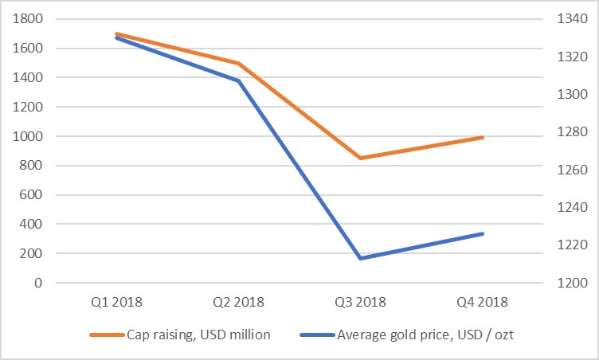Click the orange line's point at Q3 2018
(362, 158)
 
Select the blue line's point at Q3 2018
(362, 258)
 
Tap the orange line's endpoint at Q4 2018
(484, 137)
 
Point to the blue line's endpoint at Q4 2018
(484, 233)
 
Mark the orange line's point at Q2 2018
(239, 63)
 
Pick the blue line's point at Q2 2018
(239, 80)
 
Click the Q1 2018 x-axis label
(117, 302)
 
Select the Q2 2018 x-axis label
(239, 302)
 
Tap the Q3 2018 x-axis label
(362, 302)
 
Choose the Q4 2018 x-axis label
(484, 302)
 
